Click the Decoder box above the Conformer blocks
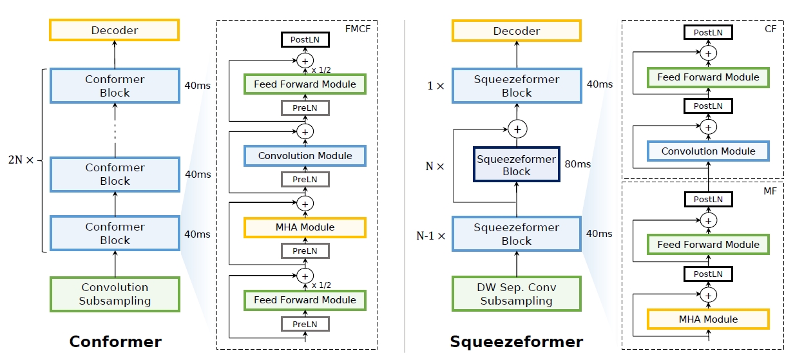pyautogui.click(x=115, y=31)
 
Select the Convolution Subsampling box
pyautogui.click(x=115, y=294)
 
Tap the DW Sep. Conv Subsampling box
pyautogui.click(x=517, y=294)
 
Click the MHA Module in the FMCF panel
pyautogui.click(x=305, y=227)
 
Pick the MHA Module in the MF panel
pyautogui.click(x=708, y=319)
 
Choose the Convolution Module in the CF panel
pyautogui.click(x=708, y=151)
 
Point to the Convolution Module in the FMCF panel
pyautogui.click(x=305, y=156)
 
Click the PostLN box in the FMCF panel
pyautogui.click(x=305, y=40)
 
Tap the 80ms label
pyautogui.click(x=577, y=164)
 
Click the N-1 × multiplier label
pyautogui.click(x=430, y=236)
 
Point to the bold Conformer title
pyautogui.click(x=115, y=341)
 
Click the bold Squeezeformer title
pyautogui.click(x=517, y=341)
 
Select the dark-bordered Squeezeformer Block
pyautogui.click(x=517, y=165)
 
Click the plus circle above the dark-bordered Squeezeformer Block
pyautogui.click(x=517, y=129)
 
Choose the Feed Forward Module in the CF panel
pyautogui.click(x=708, y=77)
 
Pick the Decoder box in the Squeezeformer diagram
pyautogui.click(x=517, y=31)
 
